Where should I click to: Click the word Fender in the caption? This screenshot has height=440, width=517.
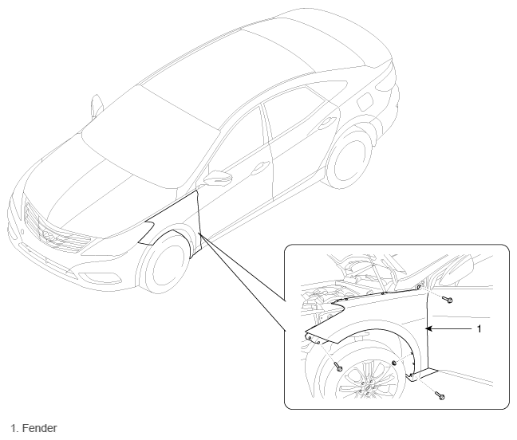[40, 428]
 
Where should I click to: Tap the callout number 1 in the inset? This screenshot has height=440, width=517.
[479, 328]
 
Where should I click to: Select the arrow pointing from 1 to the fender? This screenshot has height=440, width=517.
[448, 328]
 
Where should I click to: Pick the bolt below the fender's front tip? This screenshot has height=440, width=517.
[338, 366]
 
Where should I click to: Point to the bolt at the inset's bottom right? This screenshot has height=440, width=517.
[440, 395]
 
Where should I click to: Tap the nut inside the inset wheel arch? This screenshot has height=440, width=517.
[394, 363]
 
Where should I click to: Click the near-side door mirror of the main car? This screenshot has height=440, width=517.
[218, 177]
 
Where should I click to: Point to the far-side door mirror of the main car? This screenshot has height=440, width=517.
[97, 105]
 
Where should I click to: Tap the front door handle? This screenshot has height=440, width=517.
[259, 168]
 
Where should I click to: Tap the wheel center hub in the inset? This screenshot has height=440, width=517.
[368, 387]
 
